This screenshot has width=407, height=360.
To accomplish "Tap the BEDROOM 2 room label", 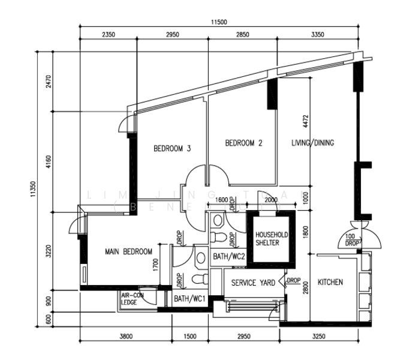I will [243, 143].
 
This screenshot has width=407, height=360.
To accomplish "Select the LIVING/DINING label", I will [312, 143].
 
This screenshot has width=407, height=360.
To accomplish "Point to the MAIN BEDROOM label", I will [128, 251].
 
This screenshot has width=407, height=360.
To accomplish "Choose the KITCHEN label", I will [330, 282].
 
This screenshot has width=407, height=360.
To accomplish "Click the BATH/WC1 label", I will [189, 298].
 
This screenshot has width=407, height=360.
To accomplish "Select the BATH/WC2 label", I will [228, 256].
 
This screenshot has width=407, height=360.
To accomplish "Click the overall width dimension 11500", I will [219, 22].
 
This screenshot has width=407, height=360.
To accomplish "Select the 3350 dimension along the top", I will [318, 35].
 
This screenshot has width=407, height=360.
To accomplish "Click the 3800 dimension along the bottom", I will [125, 337].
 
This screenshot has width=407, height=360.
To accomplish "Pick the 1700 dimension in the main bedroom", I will [155, 263].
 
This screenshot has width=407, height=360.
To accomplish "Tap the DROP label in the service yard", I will [294, 280].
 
